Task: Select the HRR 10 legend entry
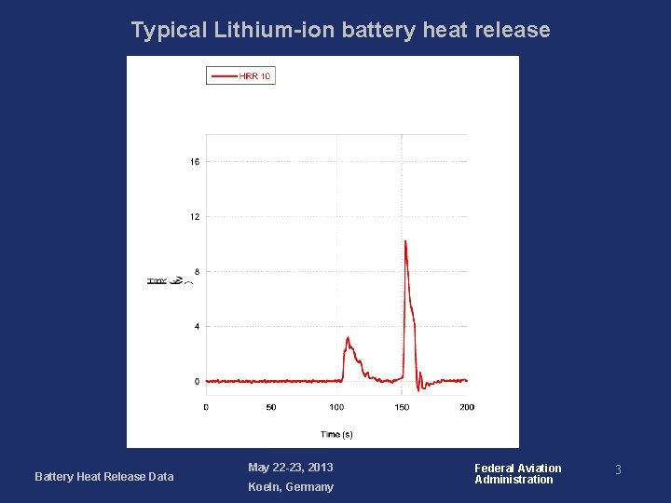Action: click(241, 76)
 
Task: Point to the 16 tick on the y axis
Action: click(195, 162)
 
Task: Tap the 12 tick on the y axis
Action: click(195, 217)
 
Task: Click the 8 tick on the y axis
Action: click(197, 272)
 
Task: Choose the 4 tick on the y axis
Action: click(197, 327)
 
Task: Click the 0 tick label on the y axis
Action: click(197, 382)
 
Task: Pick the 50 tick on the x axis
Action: click(271, 407)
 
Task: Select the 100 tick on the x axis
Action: click(336, 407)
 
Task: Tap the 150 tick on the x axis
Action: click(402, 407)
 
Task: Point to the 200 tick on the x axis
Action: click(467, 407)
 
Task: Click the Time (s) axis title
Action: click(336, 434)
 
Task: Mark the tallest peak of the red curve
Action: click(405, 241)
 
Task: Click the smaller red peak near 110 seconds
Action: click(348, 338)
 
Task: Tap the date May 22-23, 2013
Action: click(290, 468)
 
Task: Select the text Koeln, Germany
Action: click(290, 487)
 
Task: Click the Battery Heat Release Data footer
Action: click(103, 477)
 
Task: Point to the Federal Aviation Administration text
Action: click(517, 474)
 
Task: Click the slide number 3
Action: click(616, 471)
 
